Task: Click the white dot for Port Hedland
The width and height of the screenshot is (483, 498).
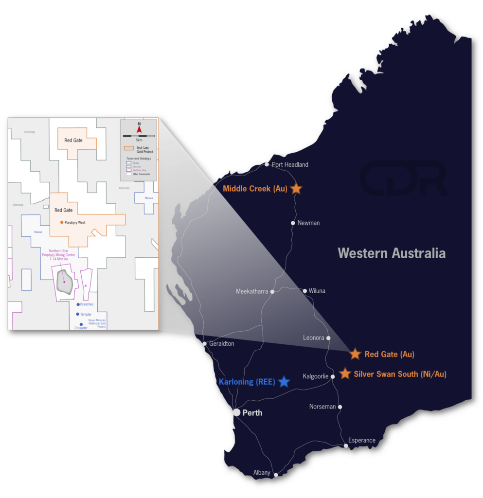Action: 267,164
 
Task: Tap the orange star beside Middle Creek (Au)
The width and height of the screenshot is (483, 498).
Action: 296,188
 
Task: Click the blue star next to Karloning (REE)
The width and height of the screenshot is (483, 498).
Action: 284,382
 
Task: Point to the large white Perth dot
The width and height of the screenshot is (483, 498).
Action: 236,412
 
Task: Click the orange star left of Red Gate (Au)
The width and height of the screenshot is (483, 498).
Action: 355,354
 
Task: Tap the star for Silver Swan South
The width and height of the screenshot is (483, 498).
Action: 345,373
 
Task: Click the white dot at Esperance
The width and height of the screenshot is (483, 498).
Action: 346,445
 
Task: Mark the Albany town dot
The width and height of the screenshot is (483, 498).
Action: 275,475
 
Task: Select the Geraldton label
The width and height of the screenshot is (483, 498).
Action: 221,344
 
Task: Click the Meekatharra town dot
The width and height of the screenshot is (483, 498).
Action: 272,292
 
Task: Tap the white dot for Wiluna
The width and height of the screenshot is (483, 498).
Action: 305,291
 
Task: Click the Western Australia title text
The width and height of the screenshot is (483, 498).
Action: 392,253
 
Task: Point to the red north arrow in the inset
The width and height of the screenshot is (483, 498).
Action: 139,129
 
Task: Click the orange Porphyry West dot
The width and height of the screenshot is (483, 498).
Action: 61,222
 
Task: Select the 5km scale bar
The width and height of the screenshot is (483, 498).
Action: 139,136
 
